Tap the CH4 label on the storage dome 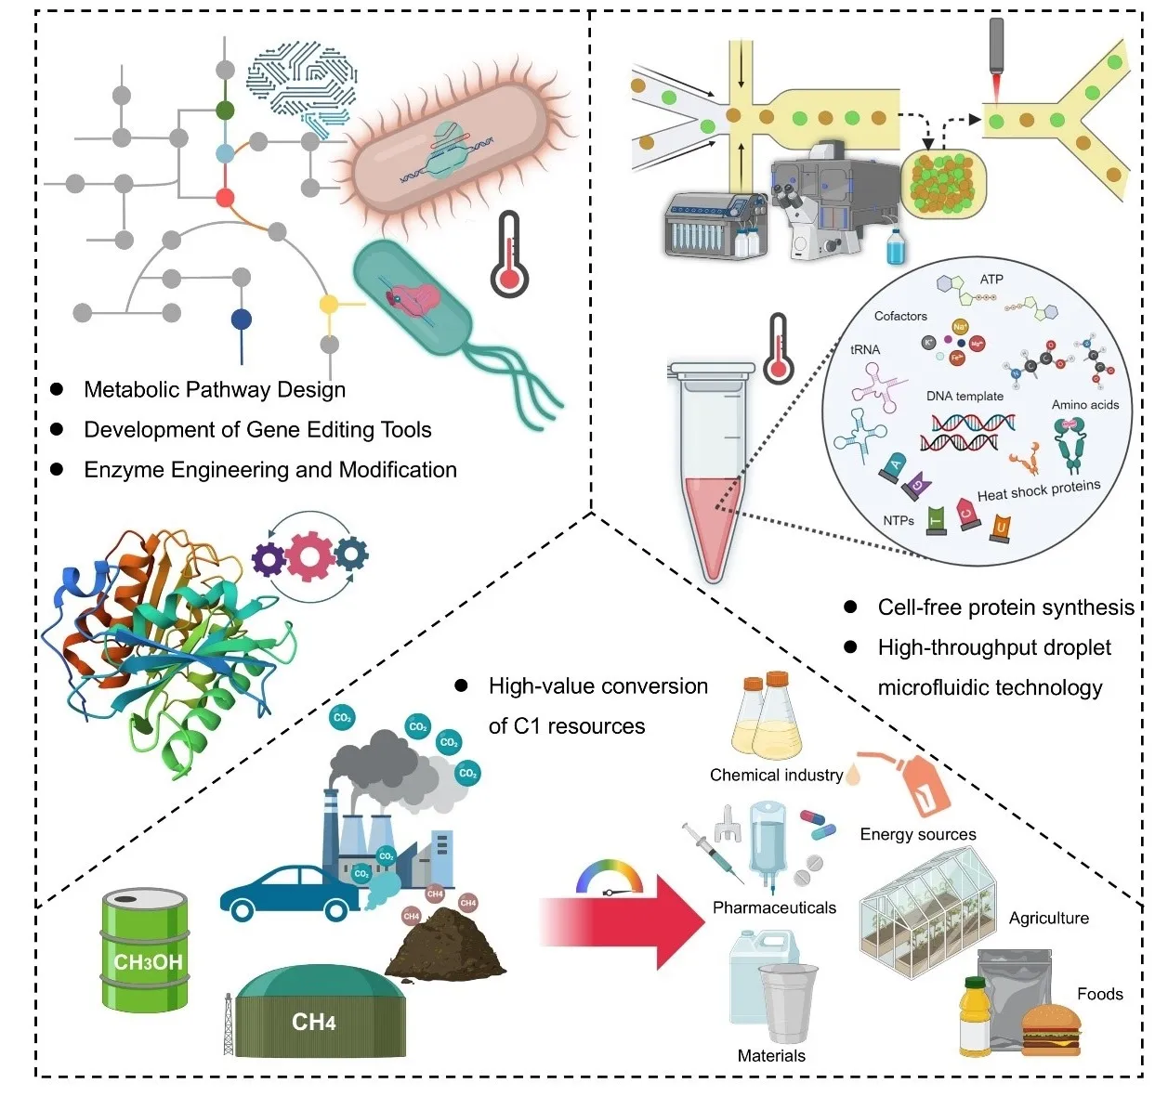[x=313, y=1023]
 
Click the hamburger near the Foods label [x=1051, y=1030]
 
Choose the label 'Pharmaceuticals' [x=774, y=907]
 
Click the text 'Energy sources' [x=918, y=834]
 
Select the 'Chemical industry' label [x=776, y=775]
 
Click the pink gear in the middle [x=309, y=556]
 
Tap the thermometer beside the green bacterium [x=509, y=254]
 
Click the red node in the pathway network [x=225, y=197]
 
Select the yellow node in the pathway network [x=329, y=304]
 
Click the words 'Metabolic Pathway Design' [x=215, y=389]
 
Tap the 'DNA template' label [x=965, y=396]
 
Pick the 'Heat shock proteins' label [x=1038, y=489]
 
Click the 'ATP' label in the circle [x=991, y=279]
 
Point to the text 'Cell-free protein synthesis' [x=1005, y=607]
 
